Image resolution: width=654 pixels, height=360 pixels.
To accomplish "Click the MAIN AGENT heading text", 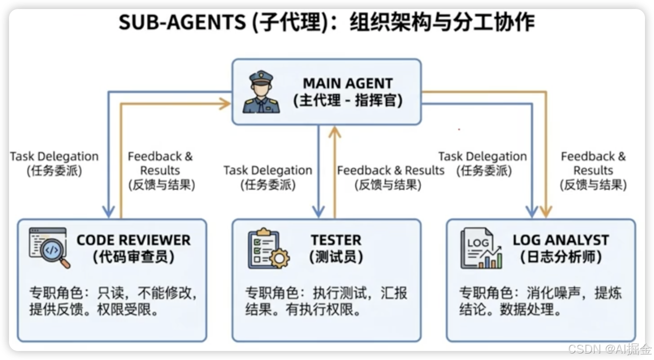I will [348, 83].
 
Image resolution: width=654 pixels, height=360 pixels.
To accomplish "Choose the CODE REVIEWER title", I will [133, 240].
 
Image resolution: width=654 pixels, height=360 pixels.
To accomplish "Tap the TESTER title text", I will [336, 240].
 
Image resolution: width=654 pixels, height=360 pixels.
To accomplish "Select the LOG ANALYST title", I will [560, 240].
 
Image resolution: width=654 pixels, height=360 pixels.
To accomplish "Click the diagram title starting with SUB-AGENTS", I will [326, 23].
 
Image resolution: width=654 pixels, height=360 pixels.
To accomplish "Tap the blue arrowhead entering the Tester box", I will [318, 212].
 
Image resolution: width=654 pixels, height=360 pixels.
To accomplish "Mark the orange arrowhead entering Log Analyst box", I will [546, 212].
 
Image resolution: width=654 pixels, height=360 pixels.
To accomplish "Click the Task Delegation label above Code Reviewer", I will [54, 163].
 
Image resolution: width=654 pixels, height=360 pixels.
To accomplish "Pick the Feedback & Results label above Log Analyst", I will [593, 170].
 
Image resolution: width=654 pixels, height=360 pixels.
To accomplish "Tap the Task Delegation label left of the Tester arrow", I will [267, 177].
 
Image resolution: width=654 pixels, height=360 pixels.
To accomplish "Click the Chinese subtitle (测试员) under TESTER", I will [336, 257].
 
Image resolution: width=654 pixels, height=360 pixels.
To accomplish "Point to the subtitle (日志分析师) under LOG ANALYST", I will [560, 257].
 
